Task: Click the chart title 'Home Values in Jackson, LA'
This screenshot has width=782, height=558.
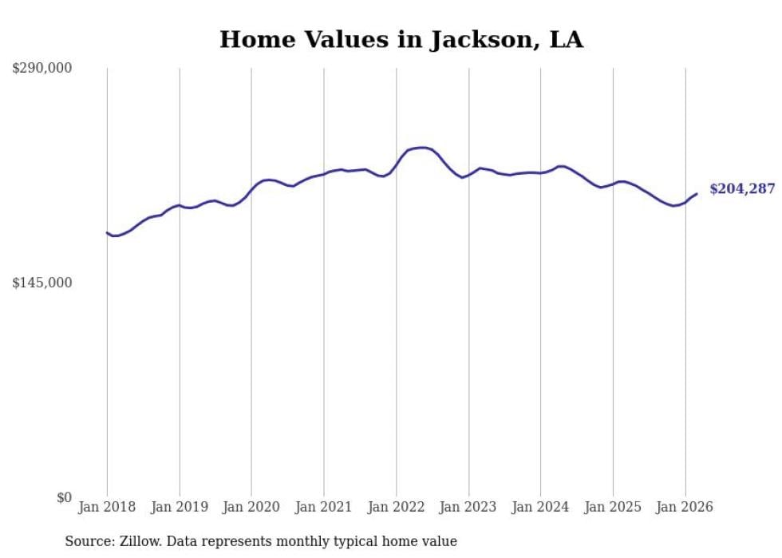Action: tap(401, 40)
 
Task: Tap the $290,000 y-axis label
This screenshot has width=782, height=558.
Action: tap(41, 69)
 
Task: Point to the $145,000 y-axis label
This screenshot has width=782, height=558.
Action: tap(41, 283)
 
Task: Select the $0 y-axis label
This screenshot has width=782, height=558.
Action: tap(64, 498)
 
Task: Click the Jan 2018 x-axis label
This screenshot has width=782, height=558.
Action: tap(107, 507)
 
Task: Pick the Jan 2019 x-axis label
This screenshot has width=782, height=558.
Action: tap(180, 507)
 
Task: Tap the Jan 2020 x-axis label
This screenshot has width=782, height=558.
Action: tap(251, 507)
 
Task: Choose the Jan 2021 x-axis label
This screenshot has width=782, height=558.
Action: tap(324, 507)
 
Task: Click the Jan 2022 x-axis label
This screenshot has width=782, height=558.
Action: tap(397, 507)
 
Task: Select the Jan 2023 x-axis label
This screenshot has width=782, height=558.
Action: tap(468, 507)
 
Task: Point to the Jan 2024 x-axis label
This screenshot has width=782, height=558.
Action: tap(541, 507)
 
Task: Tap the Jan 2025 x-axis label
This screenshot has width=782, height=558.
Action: tap(613, 507)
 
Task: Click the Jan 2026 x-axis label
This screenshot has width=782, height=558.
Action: tap(685, 507)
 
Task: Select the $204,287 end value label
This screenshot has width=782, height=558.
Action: tap(742, 189)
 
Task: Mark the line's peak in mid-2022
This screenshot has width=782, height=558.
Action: tap(423, 148)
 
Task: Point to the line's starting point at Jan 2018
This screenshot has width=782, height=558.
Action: tap(107, 232)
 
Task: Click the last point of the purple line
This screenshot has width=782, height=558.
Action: tap(697, 193)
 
